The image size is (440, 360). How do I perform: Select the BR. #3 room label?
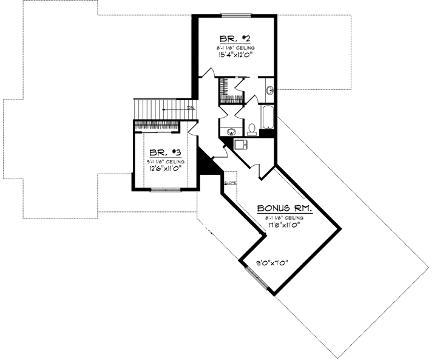pos(160,154)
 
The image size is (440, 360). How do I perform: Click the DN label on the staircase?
pos(190,109)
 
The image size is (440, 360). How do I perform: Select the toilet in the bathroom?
pos(251,129)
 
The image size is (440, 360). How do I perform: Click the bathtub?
pos(268,120)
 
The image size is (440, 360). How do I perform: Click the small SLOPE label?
pos(230,183)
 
